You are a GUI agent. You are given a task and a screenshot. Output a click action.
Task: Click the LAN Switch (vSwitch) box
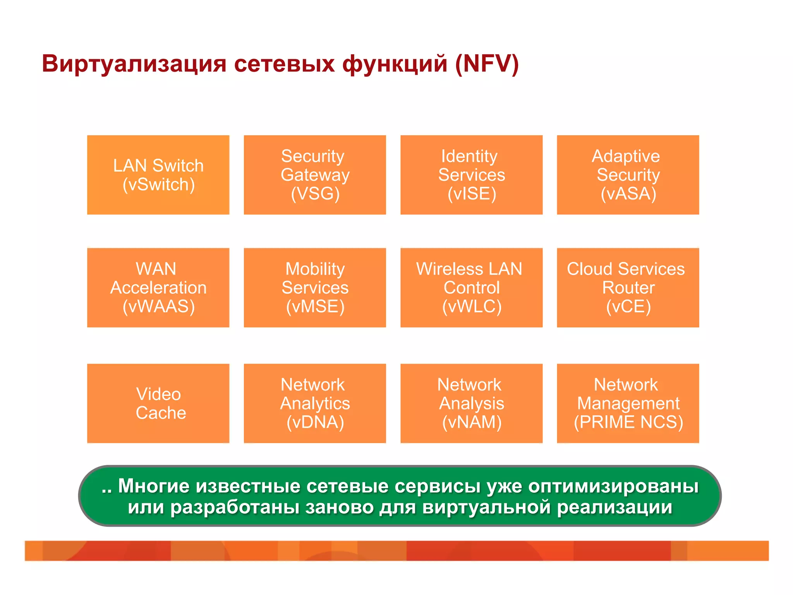click(158, 175)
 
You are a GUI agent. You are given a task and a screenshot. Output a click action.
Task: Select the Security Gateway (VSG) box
click(314, 175)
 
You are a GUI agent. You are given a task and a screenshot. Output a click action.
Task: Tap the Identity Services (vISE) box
click(471, 175)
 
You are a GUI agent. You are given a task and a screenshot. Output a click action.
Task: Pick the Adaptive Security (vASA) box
click(628, 175)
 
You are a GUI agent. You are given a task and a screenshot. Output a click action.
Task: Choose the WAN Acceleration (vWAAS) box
click(158, 287)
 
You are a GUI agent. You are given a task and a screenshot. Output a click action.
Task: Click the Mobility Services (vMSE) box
click(314, 287)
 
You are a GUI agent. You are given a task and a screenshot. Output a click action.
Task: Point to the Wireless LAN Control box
click(471, 287)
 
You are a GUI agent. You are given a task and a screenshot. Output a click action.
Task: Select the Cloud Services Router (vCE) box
click(628, 287)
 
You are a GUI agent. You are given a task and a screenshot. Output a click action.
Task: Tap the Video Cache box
click(158, 403)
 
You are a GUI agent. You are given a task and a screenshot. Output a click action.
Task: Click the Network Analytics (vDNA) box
click(314, 403)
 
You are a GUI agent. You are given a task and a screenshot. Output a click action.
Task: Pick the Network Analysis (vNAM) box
click(471, 403)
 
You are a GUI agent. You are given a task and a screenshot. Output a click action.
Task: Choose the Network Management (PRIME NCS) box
click(628, 403)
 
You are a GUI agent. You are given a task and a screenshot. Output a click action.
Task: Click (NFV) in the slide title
click(487, 64)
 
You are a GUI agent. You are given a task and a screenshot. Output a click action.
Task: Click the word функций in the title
click(395, 64)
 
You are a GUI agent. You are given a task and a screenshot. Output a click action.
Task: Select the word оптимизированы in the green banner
click(613, 487)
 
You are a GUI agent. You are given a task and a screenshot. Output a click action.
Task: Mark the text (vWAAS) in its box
click(158, 306)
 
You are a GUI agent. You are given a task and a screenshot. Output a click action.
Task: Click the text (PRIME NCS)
click(628, 422)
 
